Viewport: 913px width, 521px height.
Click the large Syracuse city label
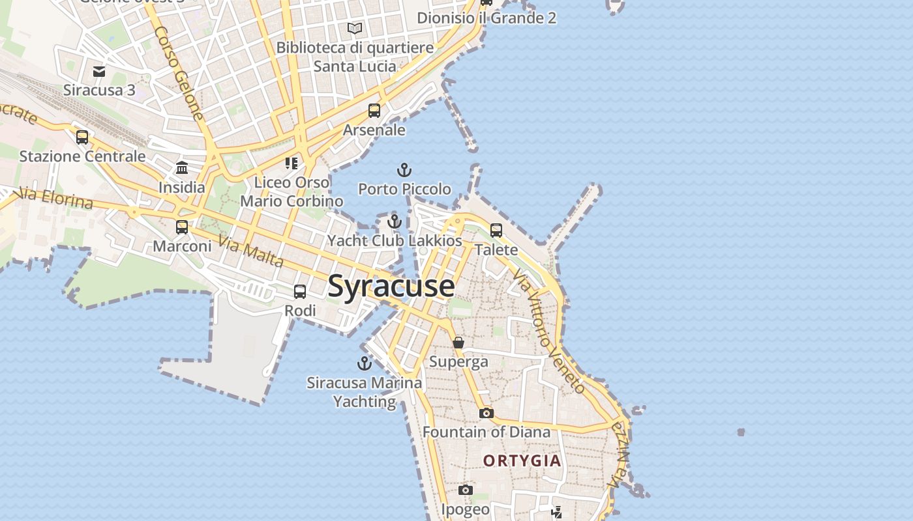click(x=391, y=286)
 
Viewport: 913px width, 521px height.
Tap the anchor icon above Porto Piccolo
click(x=404, y=170)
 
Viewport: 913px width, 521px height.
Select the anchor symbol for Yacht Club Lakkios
click(x=394, y=221)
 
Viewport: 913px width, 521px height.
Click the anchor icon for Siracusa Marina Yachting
click(x=364, y=363)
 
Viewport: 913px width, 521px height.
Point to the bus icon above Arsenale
click(x=374, y=111)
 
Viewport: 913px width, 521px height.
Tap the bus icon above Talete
click(x=496, y=230)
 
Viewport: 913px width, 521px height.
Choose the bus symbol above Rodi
click(x=300, y=292)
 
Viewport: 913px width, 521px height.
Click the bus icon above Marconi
click(x=182, y=227)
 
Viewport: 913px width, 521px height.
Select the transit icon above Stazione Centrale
click(x=82, y=137)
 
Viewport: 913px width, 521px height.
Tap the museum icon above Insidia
click(x=182, y=168)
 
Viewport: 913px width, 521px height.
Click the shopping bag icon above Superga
click(x=458, y=343)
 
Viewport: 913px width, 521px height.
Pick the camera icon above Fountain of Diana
click(x=486, y=413)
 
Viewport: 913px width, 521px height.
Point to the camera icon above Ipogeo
click(x=465, y=490)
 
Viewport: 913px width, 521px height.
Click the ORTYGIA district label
click(x=522, y=461)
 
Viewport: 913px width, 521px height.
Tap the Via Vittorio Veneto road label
click(x=548, y=332)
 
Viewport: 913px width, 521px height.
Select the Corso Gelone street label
click(x=179, y=72)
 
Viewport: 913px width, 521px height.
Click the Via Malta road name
click(x=251, y=251)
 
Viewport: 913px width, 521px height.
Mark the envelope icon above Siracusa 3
click(x=99, y=71)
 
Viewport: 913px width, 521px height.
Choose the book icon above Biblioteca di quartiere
click(x=355, y=28)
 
